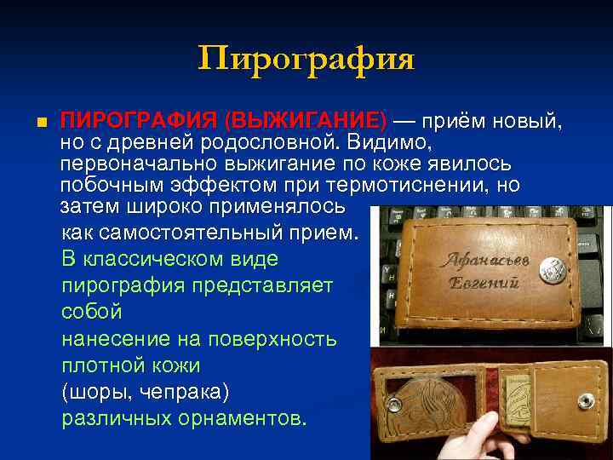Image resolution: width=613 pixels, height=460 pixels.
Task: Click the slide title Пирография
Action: pyautogui.click(x=306, y=60)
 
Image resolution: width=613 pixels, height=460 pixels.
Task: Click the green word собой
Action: pyautogui.click(x=92, y=312)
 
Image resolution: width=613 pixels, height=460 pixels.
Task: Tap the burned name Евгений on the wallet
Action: pyautogui.click(x=480, y=284)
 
